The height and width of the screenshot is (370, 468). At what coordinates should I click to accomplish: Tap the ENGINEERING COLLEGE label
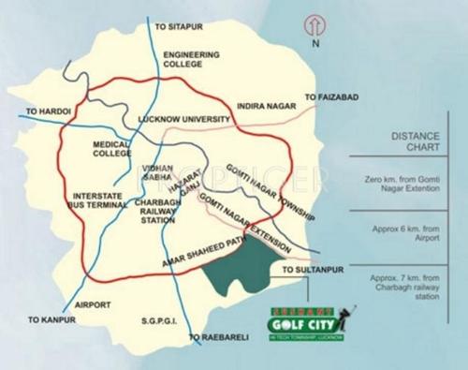tap(191, 60)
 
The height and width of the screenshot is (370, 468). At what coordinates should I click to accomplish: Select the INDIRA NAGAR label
tap(268, 108)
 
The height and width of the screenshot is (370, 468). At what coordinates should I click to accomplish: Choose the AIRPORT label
tap(93, 304)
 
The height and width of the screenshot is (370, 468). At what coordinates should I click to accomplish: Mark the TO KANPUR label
tap(53, 321)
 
